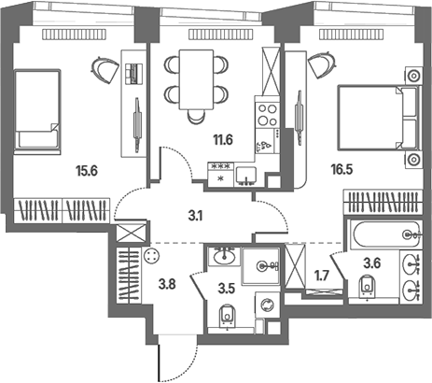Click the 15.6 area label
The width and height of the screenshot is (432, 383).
(x=87, y=171)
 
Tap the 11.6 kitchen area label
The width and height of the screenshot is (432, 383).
(x=223, y=140)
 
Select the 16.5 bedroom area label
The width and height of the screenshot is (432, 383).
(x=341, y=170)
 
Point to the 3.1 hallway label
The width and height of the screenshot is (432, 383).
(x=196, y=216)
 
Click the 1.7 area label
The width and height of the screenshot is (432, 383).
(x=322, y=276)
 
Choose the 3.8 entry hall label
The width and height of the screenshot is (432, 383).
(x=167, y=284)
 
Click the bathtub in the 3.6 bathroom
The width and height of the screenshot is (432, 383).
(x=386, y=234)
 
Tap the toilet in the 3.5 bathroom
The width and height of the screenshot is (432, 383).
(x=228, y=316)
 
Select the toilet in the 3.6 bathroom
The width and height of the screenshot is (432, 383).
(x=368, y=287)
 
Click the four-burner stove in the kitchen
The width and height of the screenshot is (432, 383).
(x=267, y=114)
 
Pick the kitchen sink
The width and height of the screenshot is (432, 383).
(x=246, y=177)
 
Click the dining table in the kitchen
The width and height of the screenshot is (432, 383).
(x=196, y=79)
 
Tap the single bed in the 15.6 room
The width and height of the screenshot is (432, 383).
(x=37, y=112)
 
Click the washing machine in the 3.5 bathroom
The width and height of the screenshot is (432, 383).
(x=267, y=305)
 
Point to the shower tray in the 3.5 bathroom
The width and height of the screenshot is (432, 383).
(x=261, y=266)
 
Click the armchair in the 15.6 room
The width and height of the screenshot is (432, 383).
(x=105, y=70)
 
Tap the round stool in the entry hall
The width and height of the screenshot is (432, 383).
(x=152, y=257)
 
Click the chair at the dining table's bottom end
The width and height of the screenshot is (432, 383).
(x=197, y=117)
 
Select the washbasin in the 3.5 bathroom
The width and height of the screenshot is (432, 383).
(x=224, y=256)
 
